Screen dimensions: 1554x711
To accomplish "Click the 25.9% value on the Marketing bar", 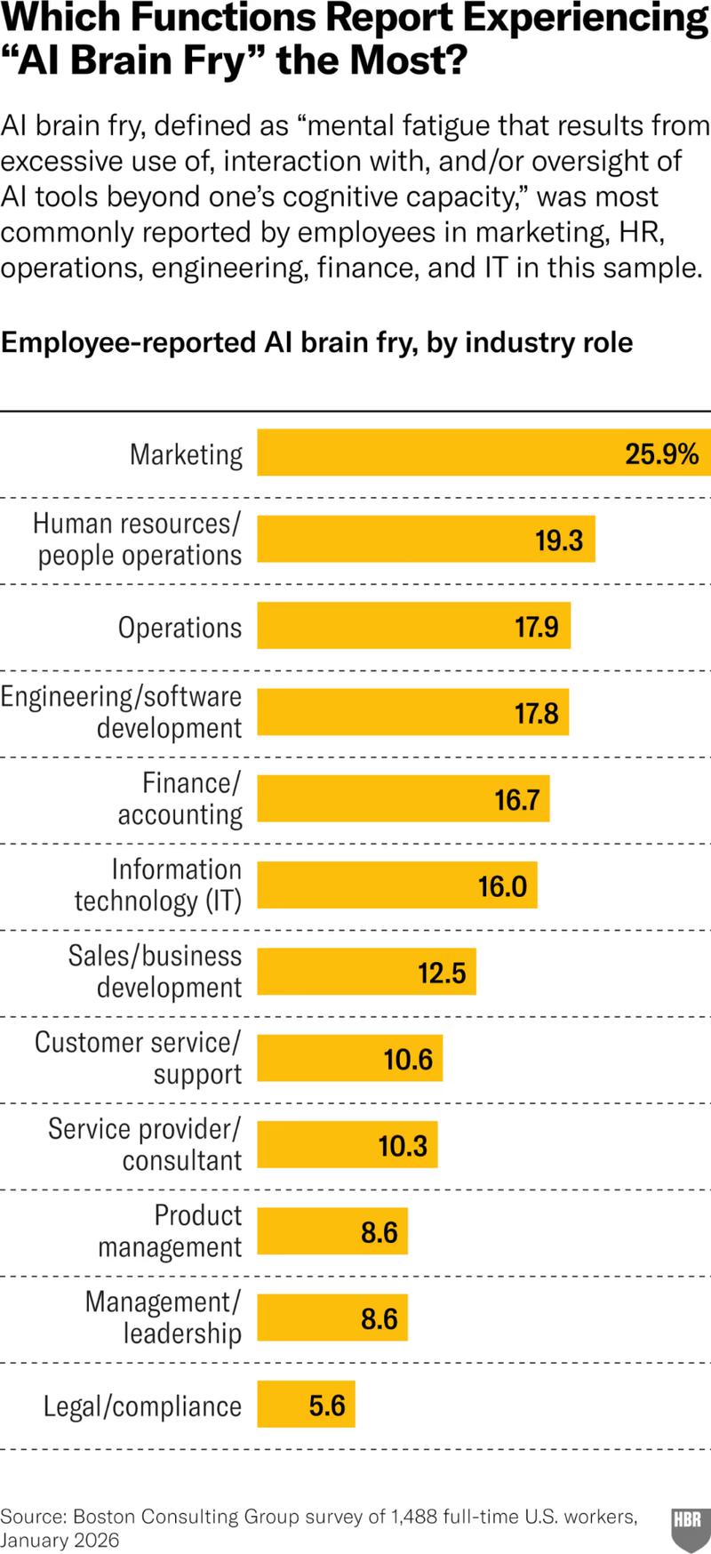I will (661, 454).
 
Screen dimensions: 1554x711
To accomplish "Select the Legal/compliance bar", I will (306, 1405).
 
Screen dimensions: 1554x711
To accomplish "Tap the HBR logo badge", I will (688, 1526).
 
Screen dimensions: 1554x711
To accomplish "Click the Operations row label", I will (180, 628).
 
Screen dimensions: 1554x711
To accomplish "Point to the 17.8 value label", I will (536, 713).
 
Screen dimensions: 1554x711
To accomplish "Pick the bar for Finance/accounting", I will (403, 798).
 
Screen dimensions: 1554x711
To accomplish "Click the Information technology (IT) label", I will (158, 885).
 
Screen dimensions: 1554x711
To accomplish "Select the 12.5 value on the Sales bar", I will (442, 973).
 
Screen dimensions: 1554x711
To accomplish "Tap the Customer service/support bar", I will (349, 1059).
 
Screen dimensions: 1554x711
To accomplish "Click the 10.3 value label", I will (403, 1146).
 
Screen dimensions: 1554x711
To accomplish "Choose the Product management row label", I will (170, 1230).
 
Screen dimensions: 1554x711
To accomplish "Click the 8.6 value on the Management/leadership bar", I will (379, 1318).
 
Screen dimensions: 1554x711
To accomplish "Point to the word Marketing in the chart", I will (186, 454).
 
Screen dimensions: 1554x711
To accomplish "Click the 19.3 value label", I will (558, 541).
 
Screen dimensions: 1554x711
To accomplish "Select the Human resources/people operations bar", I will (426, 541).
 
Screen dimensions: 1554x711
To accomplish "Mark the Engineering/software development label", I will (122, 711).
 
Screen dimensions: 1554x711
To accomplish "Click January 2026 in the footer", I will (60, 1541).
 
